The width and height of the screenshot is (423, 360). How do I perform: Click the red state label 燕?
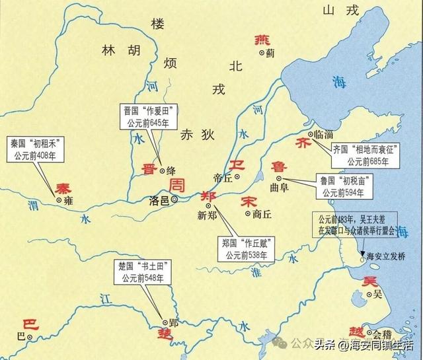click(x=262, y=40)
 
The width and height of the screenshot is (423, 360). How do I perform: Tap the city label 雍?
click(x=67, y=200)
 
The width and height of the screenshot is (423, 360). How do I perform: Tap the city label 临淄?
click(x=323, y=134)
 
